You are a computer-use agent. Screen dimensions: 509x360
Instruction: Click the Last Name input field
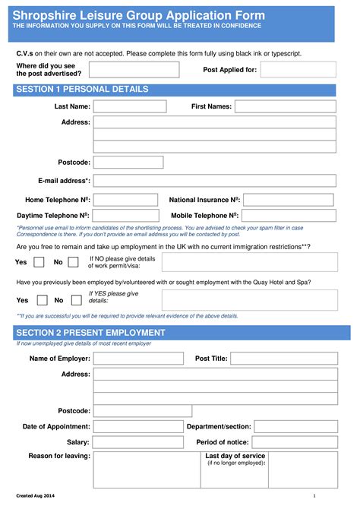[x=129, y=106]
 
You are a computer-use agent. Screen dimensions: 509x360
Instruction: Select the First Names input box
[x=285, y=106]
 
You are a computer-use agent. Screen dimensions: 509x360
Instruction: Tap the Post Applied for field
[x=309, y=70]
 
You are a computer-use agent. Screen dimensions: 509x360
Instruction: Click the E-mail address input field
[x=215, y=181]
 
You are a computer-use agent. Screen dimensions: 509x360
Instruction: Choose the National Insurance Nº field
[x=289, y=200]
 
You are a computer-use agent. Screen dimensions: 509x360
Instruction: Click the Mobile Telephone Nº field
[x=289, y=216]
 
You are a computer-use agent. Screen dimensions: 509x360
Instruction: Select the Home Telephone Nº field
[x=125, y=200]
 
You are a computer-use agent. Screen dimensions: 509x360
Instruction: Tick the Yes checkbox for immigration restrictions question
[x=43, y=262]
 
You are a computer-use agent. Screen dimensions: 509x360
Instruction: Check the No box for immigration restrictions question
[x=73, y=262]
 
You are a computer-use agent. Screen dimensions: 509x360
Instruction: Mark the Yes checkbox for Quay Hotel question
[x=43, y=299]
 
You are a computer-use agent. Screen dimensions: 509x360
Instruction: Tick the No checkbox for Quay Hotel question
[x=76, y=299]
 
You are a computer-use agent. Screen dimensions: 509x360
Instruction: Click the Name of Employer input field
[x=138, y=359]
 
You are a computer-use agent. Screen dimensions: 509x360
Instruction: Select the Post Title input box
[x=283, y=359]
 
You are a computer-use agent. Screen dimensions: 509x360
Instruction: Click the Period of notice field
[x=295, y=441]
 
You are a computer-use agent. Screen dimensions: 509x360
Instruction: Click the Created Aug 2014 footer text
[x=36, y=496]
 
